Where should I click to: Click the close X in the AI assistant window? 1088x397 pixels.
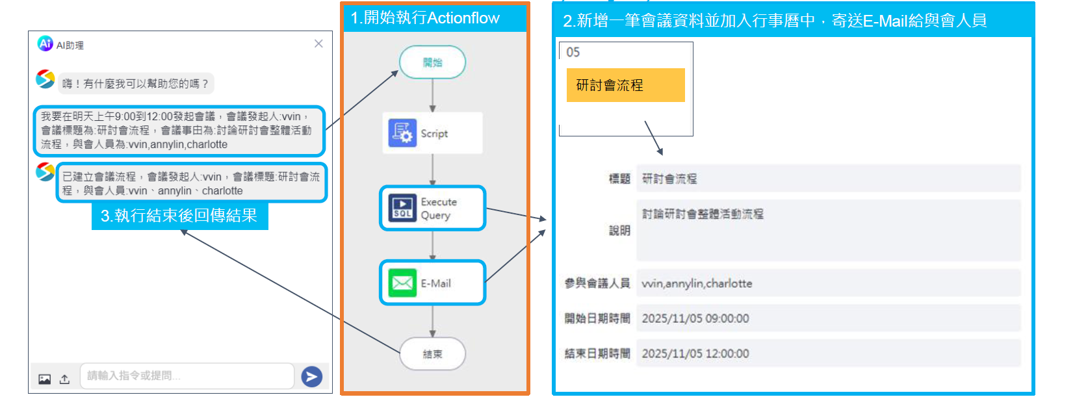pyautogui.click(x=318, y=44)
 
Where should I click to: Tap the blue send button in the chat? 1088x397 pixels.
pyautogui.click(x=312, y=376)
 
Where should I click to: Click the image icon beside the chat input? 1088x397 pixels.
pyautogui.click(x=44, y=379)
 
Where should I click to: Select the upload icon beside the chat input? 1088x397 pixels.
pyautogui.click(x=64, y=379)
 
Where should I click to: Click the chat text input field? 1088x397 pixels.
pyautogui.click(x=187, y=376)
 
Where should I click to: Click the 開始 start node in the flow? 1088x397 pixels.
pyautogui.click(x=432, y=62)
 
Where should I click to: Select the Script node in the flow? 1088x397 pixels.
pyautogui.click(x=432, y=133)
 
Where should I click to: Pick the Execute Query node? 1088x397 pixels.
pyautogui.click(x=432, y=209)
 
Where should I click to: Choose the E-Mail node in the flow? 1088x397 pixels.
pyautogui.click(x=432, y=283)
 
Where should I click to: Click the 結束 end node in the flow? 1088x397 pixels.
pyautogui.click(x=432, y=354)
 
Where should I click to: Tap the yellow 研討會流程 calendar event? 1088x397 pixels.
pyautogui.click(x=625, y=85)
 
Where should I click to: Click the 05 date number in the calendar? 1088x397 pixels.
pyautogui.click(x=573, y=53)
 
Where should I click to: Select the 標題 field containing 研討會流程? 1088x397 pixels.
pyautogui.click(x=828, y=179)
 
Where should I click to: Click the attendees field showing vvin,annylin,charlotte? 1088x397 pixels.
pyautogui.click(x=828, y=283)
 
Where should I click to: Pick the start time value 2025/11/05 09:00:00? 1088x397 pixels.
pyautogui.click(x=695, y=318)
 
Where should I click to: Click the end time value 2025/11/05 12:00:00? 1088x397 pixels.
pyautogui.click(x=695, y=353)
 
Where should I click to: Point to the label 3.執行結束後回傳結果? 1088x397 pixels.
pyautogui.click(x=179, y=216)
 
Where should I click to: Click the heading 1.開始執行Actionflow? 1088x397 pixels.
pyautogui.click(x=425, y=18)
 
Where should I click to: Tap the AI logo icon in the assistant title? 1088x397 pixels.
pyautogui.click(x=45, y=44)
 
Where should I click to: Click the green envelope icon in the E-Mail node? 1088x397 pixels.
pyautogui.click(x=402, y=283)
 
